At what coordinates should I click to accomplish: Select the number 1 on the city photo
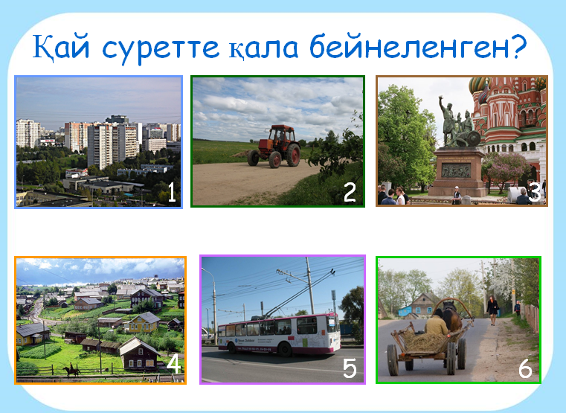click(x=172, y=193)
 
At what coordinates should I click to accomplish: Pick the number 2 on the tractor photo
click(x=350, y=193)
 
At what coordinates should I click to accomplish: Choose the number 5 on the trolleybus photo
click(x=350, y=368)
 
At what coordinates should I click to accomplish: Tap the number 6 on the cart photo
click(x=525, y=368)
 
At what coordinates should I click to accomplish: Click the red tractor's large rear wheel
click(x=293, y=155)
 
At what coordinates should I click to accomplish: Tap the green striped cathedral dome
click(x=477, y=85)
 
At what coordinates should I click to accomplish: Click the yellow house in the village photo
click(x=143, y=322)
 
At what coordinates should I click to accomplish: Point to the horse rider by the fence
click(x=71, y=370)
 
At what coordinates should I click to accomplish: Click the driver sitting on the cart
click(x=437, y=322)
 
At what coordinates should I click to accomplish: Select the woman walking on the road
click(x=492, y=310)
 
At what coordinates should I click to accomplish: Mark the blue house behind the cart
click(x=405, y=310)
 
